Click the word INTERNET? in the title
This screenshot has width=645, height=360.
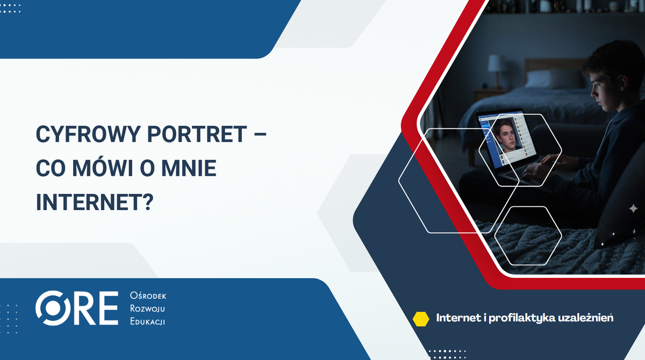(95, 204)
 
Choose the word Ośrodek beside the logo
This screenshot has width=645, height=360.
(148, 296)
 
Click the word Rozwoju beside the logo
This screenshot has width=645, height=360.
(148, 309)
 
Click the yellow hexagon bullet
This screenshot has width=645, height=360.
(420, 319)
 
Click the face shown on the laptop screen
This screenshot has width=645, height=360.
(504, 134)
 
